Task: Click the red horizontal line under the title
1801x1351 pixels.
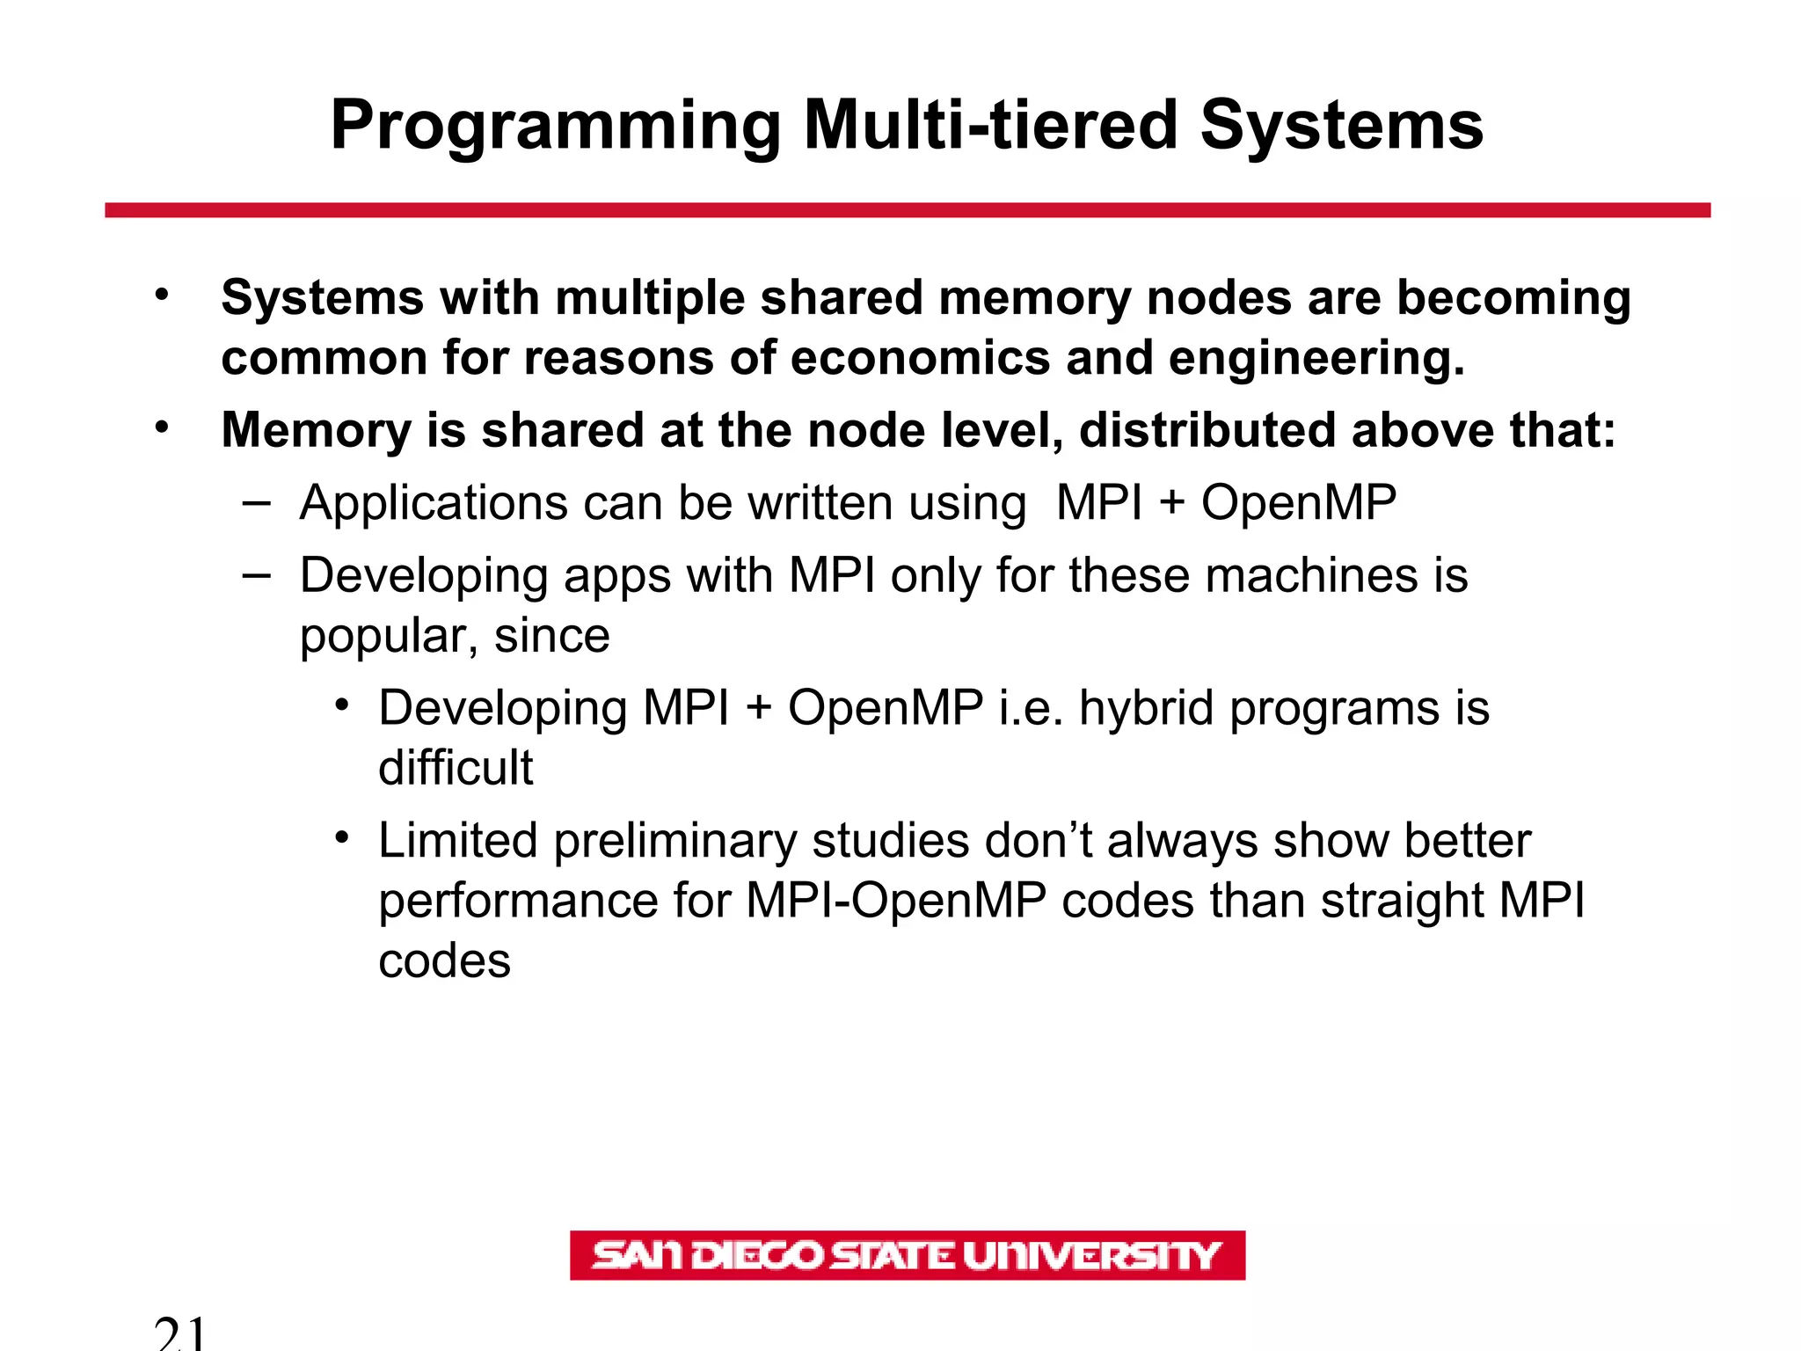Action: click(x=908, y=210)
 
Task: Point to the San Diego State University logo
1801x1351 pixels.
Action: click(x=907, y=1255)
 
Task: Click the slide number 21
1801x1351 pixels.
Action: click(x=180, y=1333)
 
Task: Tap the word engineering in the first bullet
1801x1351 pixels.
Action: click(x=1316, y=358)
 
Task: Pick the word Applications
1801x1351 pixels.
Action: click(x=433, y=504)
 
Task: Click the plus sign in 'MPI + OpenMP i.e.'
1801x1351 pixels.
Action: click(x=758, y=708)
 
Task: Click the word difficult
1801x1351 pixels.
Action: click(x=456, y=768)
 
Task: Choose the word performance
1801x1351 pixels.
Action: click(x=518, y=902)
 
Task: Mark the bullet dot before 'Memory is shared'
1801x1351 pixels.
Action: click(x=161, y=427)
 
